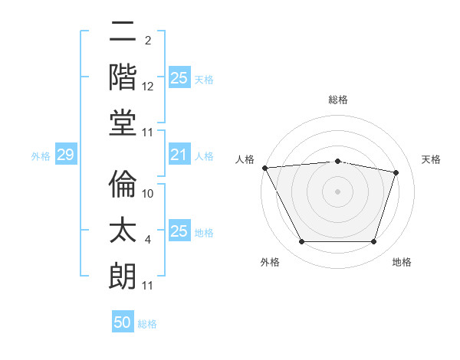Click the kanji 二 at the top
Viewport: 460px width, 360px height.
tap(123, 33)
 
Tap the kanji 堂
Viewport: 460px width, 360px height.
tap(123, 119)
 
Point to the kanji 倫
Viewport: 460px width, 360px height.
tap(123, 182)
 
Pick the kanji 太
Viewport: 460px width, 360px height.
tap(123, 228)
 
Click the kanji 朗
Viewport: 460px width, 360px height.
tap(123, 273)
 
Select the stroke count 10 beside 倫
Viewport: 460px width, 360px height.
tap(148, 194)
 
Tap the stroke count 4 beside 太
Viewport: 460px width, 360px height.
tap(148, 241)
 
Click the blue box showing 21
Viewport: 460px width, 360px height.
tap(179, 155)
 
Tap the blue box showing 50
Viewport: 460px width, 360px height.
tap(123, 323)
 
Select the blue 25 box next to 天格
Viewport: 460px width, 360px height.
tap(179, 78)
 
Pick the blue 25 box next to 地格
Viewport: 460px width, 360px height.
tap(179, 232)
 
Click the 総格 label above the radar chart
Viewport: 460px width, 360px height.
tap(337, 100)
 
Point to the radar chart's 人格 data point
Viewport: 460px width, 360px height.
tap(264, 168)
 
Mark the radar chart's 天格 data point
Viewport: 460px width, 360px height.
tap(396, 172)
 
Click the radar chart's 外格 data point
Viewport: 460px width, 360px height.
tap(301, 242)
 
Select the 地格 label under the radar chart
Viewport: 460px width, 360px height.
tap(402, 263)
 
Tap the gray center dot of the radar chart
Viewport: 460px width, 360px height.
tap(337, 191)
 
